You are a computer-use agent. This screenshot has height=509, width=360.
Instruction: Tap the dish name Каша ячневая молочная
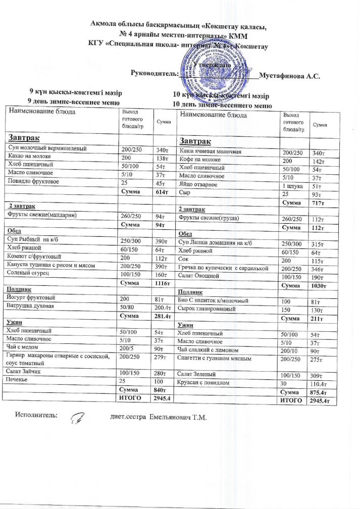pos(211,151)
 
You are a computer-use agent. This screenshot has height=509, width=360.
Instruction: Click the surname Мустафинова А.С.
pos(289,77)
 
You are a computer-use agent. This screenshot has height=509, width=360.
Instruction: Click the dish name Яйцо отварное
pos(198,185)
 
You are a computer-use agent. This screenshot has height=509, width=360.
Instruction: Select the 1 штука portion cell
pos(293,186)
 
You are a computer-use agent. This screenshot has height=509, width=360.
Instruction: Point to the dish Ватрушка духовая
pos(30,306)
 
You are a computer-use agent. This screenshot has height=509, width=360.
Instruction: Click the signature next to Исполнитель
pos(79,418)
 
